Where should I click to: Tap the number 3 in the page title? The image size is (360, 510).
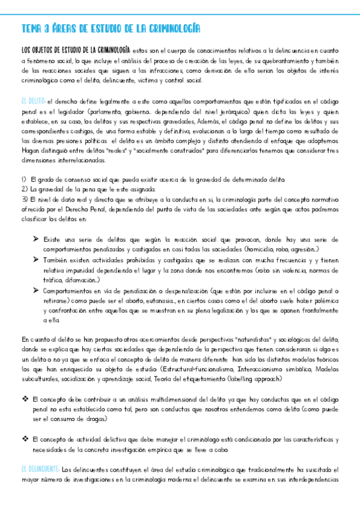click(53, 28)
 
